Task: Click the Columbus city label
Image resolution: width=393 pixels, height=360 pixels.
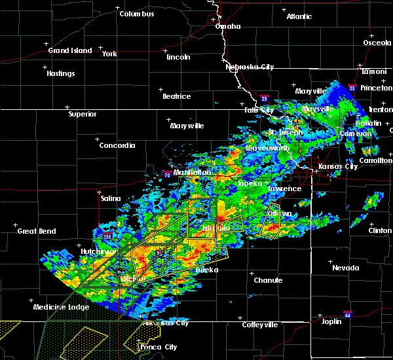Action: pos(139,14)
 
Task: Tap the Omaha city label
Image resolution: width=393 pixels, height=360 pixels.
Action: pos(228,27)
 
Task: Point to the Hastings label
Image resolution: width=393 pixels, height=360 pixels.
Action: pos(60,73)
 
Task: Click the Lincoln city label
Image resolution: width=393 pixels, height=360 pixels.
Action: pos(178,57)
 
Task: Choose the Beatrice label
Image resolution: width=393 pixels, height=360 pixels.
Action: pos(176,96)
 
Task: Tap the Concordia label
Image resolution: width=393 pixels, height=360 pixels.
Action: pos(117,145)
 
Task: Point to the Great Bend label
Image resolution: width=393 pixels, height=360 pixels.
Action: pos(37,231)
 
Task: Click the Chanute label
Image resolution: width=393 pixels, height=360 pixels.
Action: pos(268,280)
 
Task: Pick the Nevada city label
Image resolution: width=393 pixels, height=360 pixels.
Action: pos(345,268)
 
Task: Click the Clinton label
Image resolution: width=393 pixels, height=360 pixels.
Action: pos(380,230)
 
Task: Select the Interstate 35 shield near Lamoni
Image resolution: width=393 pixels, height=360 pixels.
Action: pos(352,88)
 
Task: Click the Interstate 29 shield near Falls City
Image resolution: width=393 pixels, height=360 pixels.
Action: pos(263,98)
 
